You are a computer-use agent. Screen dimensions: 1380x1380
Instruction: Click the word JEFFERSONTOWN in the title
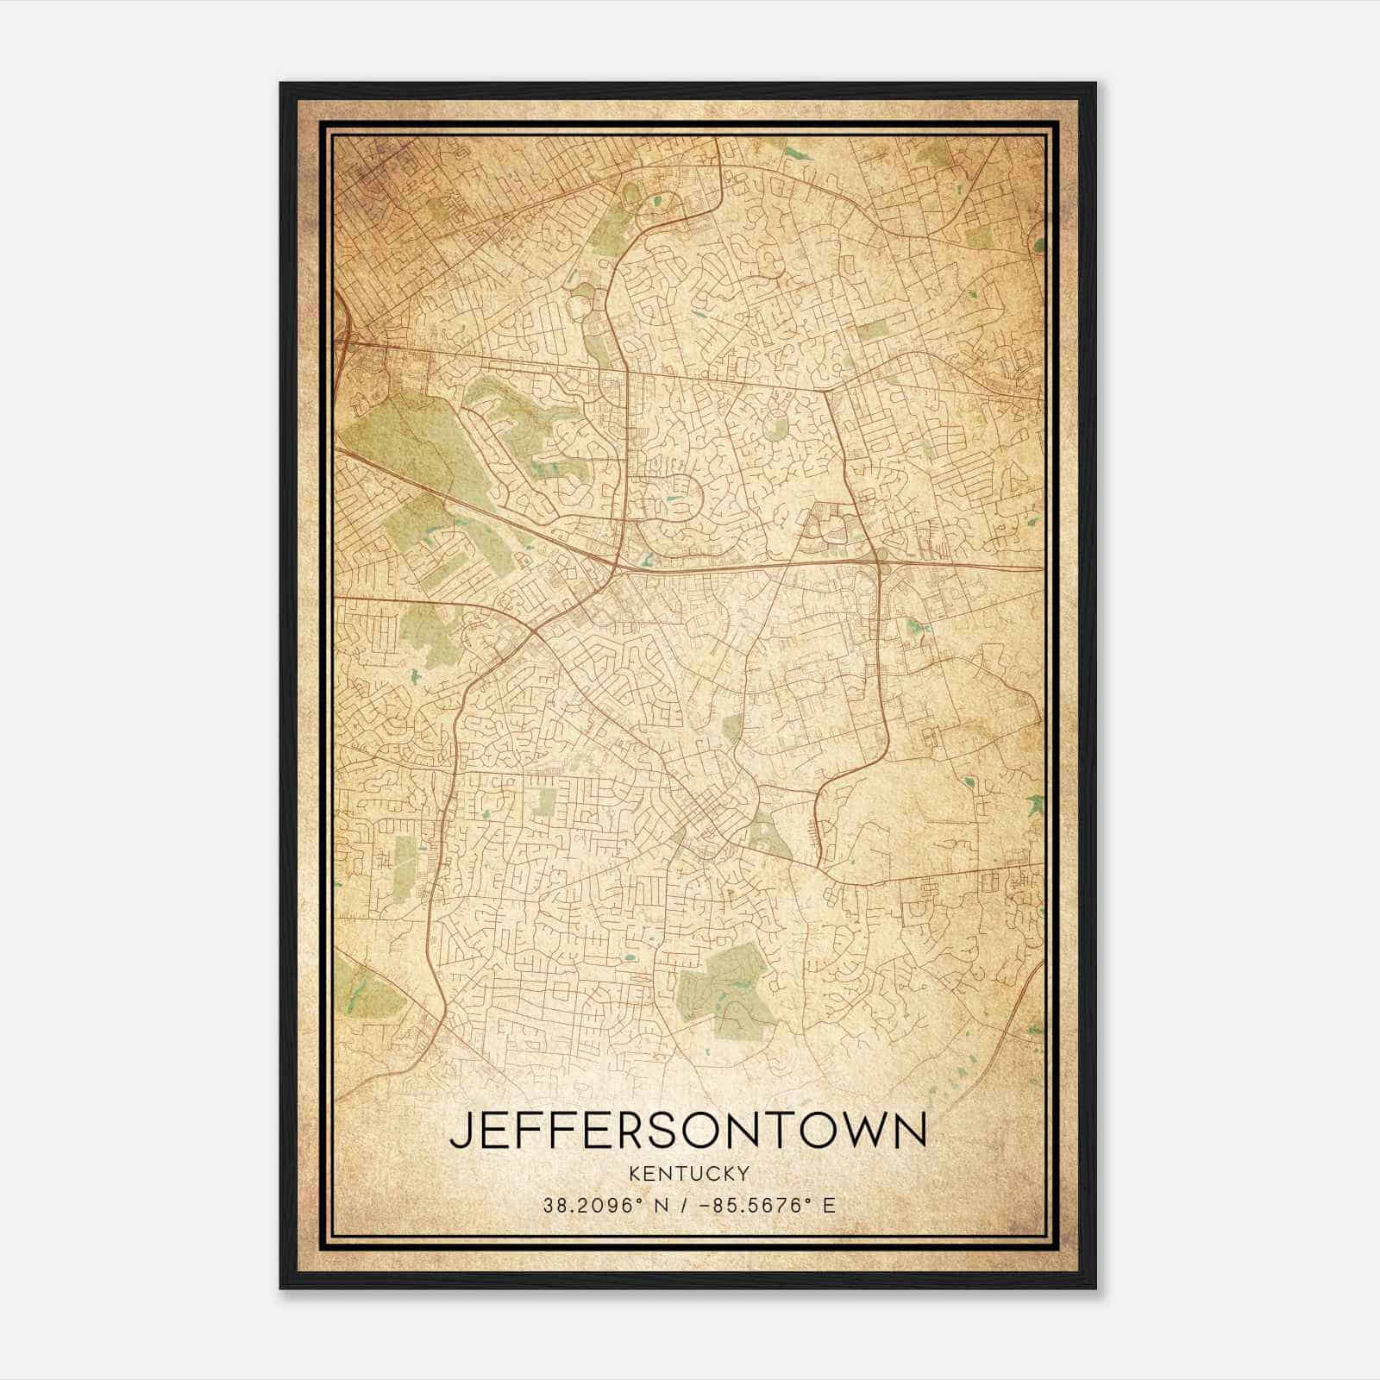[x=687, y=1130]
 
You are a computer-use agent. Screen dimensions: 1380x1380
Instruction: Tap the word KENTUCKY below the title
[x=688, y=1173]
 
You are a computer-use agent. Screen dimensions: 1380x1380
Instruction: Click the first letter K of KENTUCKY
[x=635, y=1173]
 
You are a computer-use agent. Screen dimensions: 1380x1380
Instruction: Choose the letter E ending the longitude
[x=829, y=1206]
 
